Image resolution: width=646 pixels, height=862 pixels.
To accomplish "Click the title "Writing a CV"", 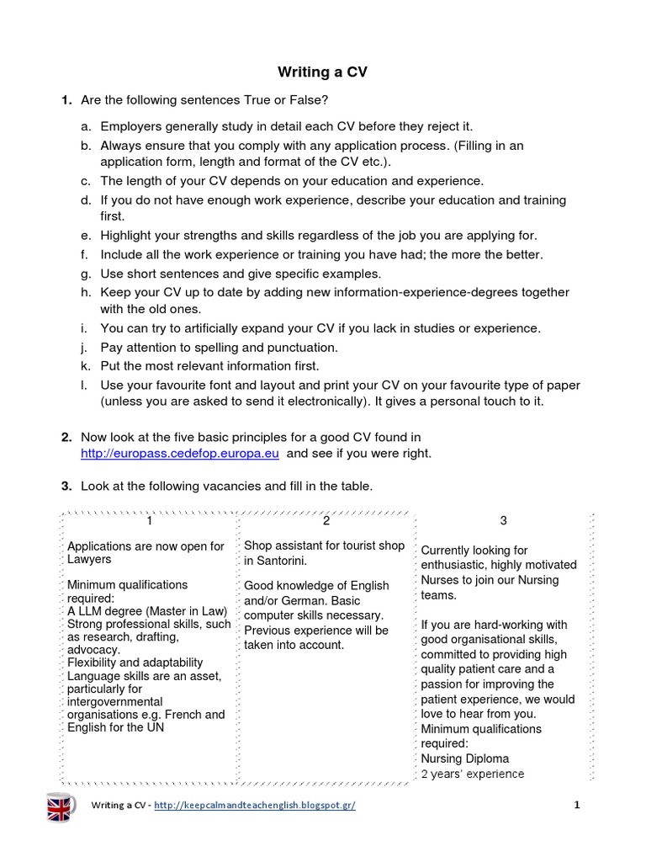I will (x=323, y=72).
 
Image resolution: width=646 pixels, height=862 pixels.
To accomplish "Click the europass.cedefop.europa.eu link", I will (x=179, y=454).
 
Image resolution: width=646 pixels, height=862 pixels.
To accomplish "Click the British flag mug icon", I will (x=60, y=806).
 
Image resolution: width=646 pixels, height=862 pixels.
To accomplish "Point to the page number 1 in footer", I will (x=577, y=805).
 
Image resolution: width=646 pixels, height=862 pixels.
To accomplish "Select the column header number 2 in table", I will (x=326, y=520).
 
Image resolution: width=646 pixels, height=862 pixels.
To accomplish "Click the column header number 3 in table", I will (x=503, y=521).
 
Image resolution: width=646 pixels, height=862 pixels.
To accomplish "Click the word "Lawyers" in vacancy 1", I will (x=89, y=559).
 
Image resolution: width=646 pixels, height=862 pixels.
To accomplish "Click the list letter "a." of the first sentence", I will (x=86, y=126).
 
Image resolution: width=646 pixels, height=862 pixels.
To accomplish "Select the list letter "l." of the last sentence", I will (x=86, y=386).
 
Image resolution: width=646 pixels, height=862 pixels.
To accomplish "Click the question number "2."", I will (x=66, y=437).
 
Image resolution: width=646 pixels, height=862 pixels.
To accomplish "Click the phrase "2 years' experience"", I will (x=472, y=774).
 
